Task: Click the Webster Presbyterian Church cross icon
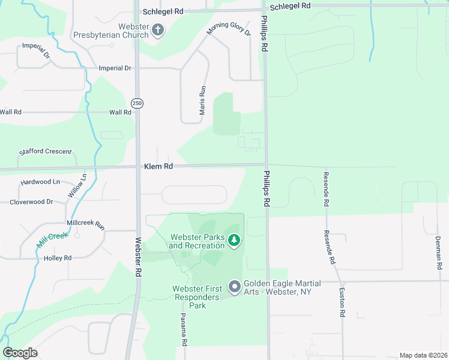pos(158,30)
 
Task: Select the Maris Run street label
pos(203,100)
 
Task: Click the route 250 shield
pos(137,103)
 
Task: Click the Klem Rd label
pos(158,166)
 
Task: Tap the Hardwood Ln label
pos(40,182)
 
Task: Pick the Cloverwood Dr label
pos(32,202)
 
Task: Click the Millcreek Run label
pos(86,224)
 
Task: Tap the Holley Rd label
pos(58,258)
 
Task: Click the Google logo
pos(20,353)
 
